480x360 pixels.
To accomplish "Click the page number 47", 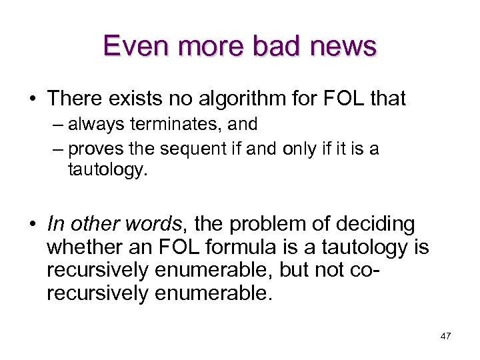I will [x=446, y=336].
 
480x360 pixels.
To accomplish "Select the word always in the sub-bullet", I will [x=93, y=124].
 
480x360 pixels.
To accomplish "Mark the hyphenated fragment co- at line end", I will [x=398, y=271].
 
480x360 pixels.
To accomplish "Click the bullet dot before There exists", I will [x=32, y=99].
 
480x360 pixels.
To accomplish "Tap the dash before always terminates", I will [x=58, y=125].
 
